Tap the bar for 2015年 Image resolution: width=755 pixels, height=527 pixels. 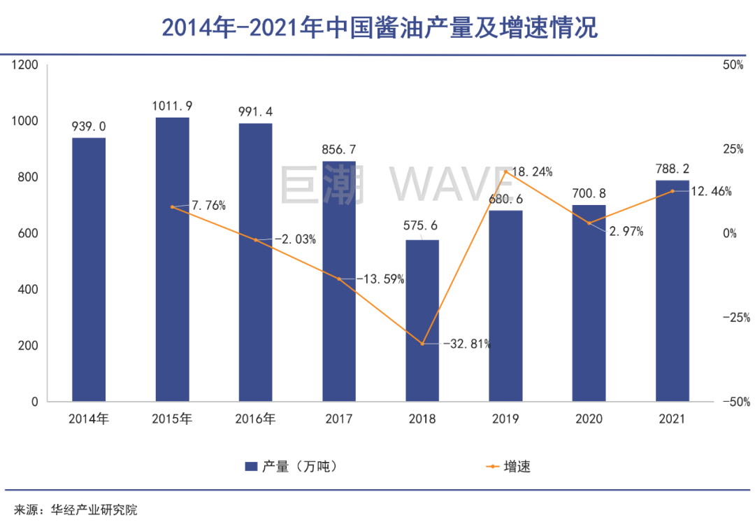[172, 260]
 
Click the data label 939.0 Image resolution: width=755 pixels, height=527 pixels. [89, 126]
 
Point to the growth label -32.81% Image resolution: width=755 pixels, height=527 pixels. [467, 344]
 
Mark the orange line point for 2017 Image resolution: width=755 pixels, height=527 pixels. [339, 279]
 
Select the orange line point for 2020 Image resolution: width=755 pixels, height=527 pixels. [589, 223]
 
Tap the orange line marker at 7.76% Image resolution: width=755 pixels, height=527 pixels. [172, 207]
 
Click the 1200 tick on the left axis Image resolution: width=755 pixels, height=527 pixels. [24, 65]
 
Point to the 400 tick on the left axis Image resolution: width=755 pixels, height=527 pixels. [27, 290]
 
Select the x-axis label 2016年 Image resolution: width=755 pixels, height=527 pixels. [256, 420]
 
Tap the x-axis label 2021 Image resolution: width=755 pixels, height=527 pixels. [672, 420]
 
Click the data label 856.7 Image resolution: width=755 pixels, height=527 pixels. [339, 149]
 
